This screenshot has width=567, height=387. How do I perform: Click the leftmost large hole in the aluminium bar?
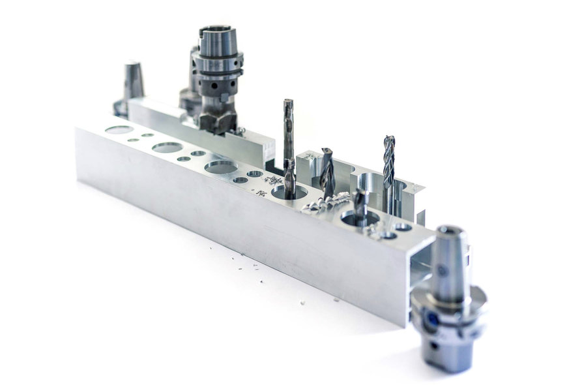(119, 130)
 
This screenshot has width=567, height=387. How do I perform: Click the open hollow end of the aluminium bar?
(420, 261)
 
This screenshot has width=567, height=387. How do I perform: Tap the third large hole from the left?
(221, 167)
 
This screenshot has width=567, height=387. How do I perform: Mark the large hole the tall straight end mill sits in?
(289, 192)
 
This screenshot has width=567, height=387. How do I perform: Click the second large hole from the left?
(167, 147)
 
